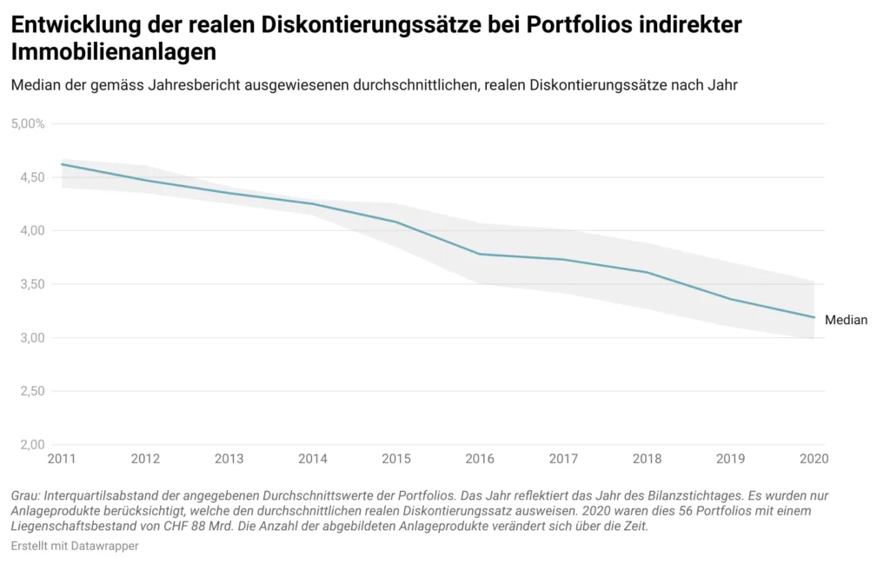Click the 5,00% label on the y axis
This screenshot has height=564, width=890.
coord(28,123)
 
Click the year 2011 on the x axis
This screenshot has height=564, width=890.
coord(62,458)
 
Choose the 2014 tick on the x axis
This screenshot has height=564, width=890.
coord(313,458)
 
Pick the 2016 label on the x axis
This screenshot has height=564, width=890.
coord(481,458)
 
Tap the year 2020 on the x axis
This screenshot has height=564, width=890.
coord(811,458)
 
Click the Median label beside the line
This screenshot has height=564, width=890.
coord(846,320)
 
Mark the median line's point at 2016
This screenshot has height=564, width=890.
coord(481,254)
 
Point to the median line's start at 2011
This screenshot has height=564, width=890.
coord(62,164)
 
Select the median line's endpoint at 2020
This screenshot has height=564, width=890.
coord(814,317)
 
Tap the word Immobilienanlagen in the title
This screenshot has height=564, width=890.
coord(114,52)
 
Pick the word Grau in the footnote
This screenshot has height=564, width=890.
coord(25,494)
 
